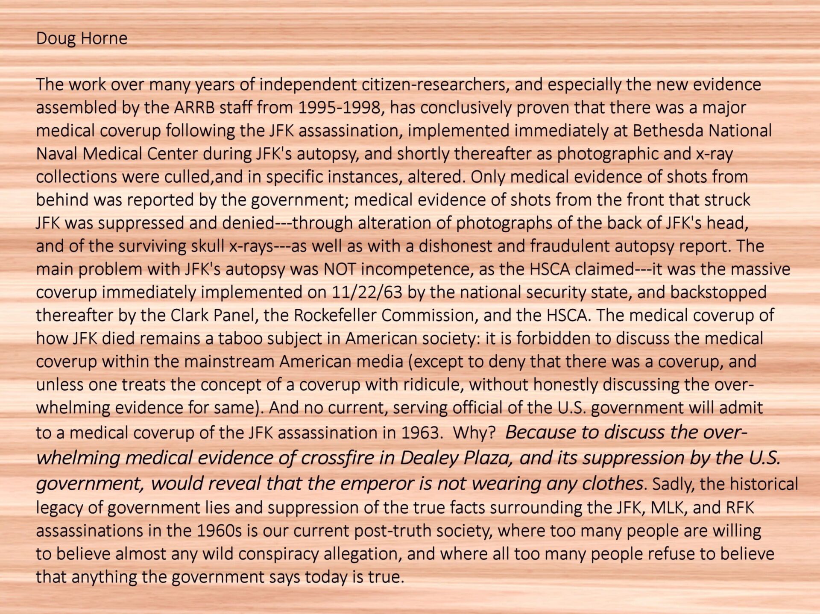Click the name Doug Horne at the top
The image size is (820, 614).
[x=82, y=38]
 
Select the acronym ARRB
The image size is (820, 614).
[x=194, y=108]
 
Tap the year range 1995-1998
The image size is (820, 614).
[x=339, y=108]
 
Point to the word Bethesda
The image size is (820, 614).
[x=668, y=131]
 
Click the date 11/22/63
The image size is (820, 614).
[x=367, y=292]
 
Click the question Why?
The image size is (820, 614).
[x=474, y=433]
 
